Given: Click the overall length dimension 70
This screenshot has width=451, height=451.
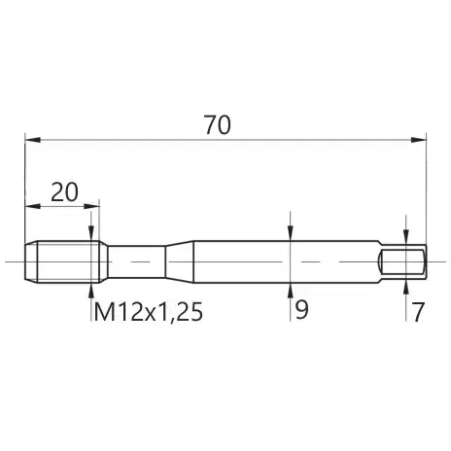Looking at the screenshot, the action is tap(218, 124).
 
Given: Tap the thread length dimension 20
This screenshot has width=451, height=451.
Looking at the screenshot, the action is tap(65, 192).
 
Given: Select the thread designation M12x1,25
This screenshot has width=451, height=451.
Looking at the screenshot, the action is tap(149, 312).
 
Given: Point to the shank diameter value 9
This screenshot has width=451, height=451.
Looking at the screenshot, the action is tap(301, 310).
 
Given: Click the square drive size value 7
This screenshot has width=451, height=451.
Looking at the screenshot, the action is tap(418, 312).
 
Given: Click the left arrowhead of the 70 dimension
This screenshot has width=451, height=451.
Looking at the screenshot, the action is tap(33, 140).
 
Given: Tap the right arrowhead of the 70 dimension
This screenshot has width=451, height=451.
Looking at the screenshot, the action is tap(418, 140).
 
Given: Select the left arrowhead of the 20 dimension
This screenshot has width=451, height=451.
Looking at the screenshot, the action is tap(33, 206).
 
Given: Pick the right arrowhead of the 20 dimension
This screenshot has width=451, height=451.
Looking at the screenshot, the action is tap(91, 206).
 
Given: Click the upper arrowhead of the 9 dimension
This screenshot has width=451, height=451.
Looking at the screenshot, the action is tap(291, 233).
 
